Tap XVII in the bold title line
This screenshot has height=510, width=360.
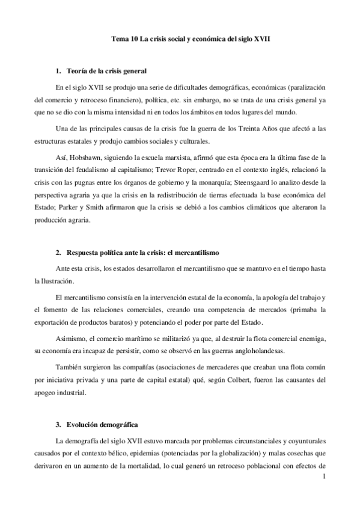[261, 38]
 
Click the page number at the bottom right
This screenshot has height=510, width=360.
[324, 478]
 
